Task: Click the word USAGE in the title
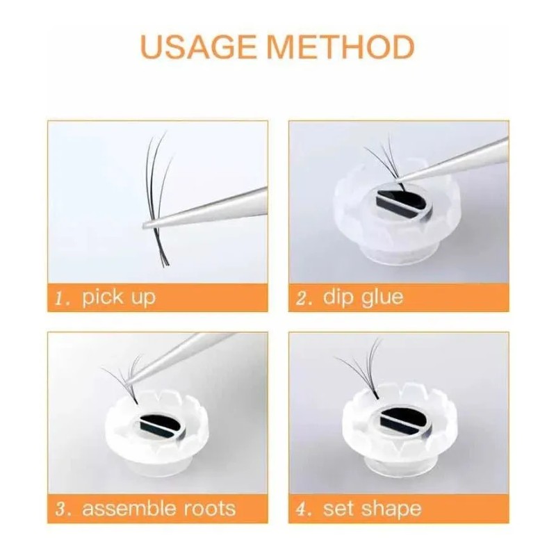pyautogui.click(x=198, y=47)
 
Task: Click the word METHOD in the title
pyautogui.click(x=341, y=47)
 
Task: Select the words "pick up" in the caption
pyautogui.click(x=119, y=298)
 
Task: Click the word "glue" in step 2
pyautogui.click(x=382, y=298)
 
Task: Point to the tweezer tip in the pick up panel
pyautogui.click(x=144, y=225)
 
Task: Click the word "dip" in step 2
pyautogui.click(x=338, y=298)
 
